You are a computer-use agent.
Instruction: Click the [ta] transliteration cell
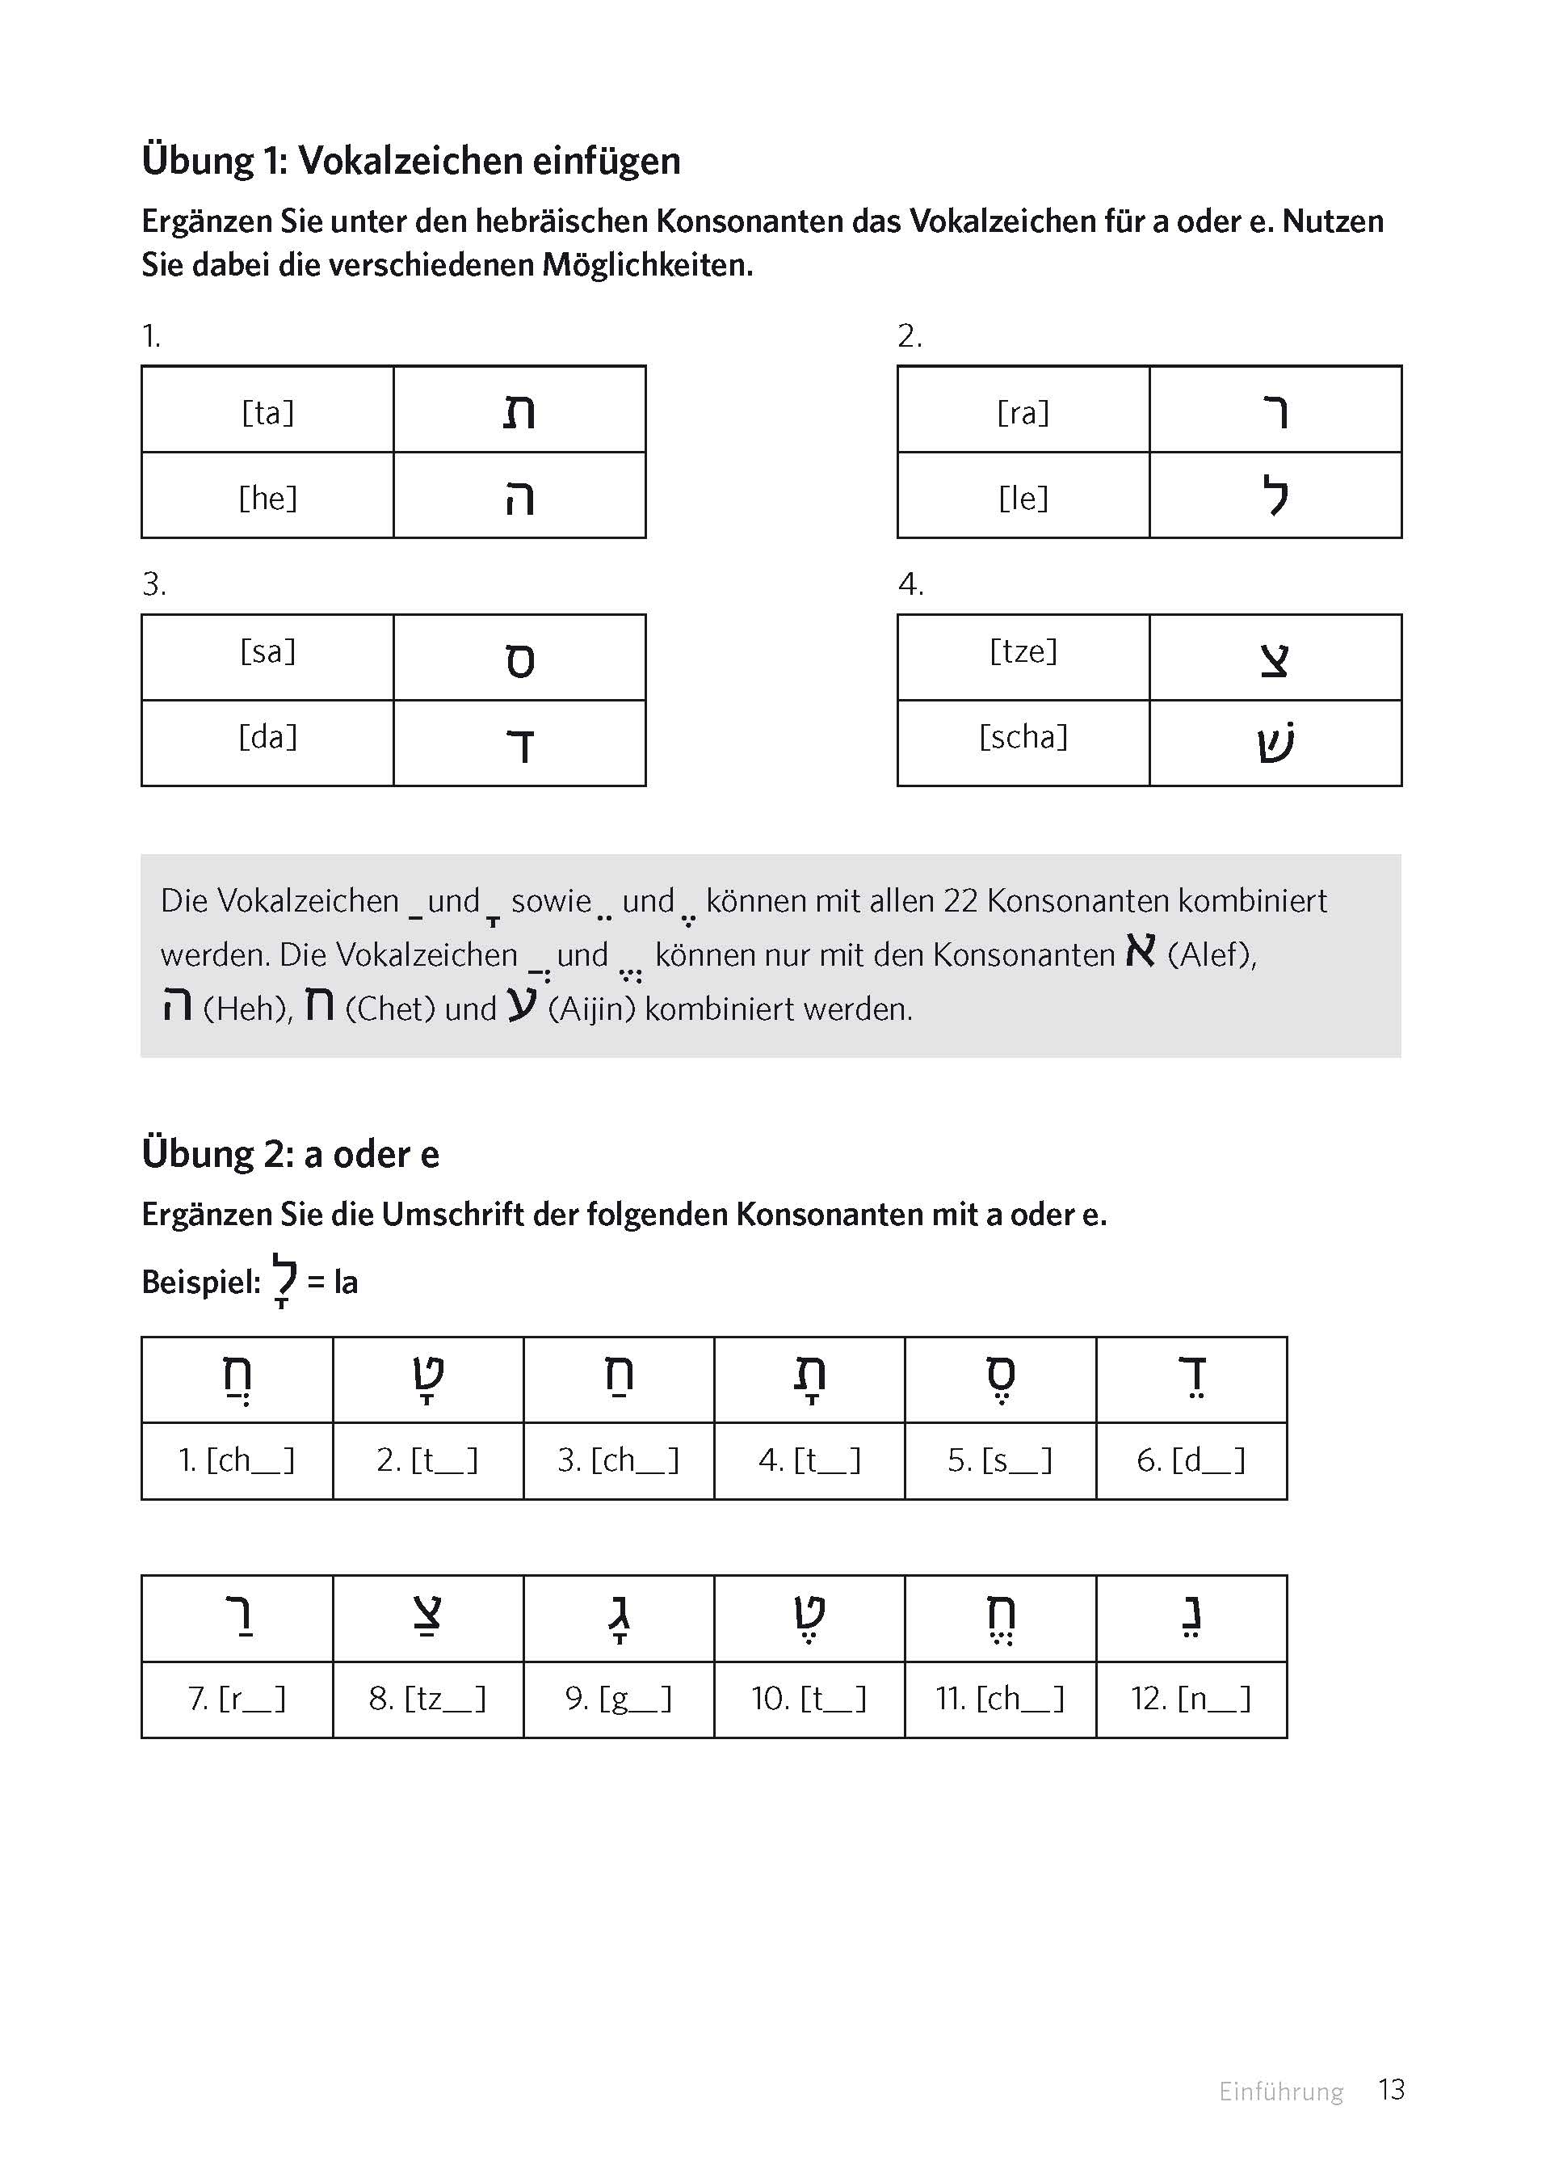pos(268,412)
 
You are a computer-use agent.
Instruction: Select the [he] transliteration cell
pos(268,498)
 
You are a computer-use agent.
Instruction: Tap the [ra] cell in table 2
pos(1023,412)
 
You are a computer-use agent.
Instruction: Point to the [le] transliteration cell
pos(1023,498)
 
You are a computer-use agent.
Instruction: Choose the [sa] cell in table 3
pos(268,652)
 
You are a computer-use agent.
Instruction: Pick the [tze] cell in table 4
pos(1023,652)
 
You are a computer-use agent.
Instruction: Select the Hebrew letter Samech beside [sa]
pos(519,660)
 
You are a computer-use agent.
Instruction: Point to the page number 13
pos(1391,2090)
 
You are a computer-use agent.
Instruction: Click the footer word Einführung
pos(1281,2091)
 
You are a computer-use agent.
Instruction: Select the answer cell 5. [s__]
pos(1001,1460)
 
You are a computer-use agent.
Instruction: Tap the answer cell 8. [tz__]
pos(427,1698)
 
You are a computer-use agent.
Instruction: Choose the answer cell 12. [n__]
pos(1191,1698)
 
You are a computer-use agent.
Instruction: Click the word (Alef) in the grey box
pos(1212,954)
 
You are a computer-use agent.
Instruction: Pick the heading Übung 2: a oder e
pos(291,1154)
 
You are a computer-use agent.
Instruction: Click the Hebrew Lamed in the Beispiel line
pos(284,1279)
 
